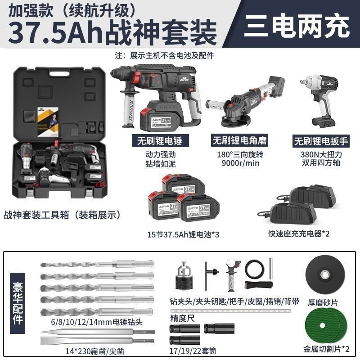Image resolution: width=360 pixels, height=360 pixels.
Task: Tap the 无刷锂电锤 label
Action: click(x=160, y=140)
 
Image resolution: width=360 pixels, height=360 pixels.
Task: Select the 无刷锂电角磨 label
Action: click(x=239, y=140)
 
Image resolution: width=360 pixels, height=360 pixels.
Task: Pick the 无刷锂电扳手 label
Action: click(x=321, y=141)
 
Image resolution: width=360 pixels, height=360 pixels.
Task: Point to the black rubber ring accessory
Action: click(x=255, y=270)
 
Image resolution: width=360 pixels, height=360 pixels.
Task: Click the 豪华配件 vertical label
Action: click(x=18, y=303)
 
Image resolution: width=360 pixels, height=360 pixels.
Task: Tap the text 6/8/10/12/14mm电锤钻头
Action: click(x=97, y=322)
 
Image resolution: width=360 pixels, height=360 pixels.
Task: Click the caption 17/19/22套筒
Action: click(x=193, y=351)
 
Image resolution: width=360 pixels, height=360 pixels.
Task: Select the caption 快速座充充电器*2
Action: click(x=299, y=234)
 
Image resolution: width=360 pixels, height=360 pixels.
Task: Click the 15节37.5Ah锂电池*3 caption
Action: click(x=183, y=234)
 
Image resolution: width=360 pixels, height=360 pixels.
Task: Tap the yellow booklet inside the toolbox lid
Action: click(x=48, y=122)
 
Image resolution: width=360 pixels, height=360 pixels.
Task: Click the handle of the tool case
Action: click(x=59, y=74)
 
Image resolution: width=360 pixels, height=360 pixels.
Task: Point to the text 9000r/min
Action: click(x=240, y=163)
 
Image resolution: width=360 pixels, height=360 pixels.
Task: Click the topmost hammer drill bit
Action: click(x=97, y=264)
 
